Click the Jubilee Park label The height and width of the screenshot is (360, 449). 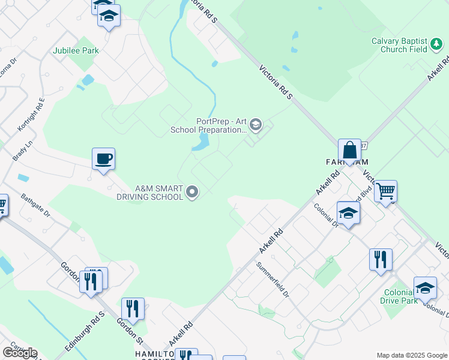(76, 51)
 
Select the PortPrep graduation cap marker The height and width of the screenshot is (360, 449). (255, 124)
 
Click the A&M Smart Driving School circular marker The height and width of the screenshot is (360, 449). (192, 192)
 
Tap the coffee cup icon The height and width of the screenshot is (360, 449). (103, 159)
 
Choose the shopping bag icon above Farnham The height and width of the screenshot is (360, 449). (349, 151)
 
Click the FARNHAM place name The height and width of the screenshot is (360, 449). (347, 163)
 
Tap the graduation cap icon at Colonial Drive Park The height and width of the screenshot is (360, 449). (425, 288)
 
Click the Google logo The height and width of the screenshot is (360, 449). (20, 353)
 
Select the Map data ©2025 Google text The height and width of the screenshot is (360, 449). (411, 355)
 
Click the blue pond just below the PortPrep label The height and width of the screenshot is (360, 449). (200, 142)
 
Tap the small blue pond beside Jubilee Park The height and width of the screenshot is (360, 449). (89, 79)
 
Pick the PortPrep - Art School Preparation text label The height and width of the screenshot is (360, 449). (221, 125)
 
